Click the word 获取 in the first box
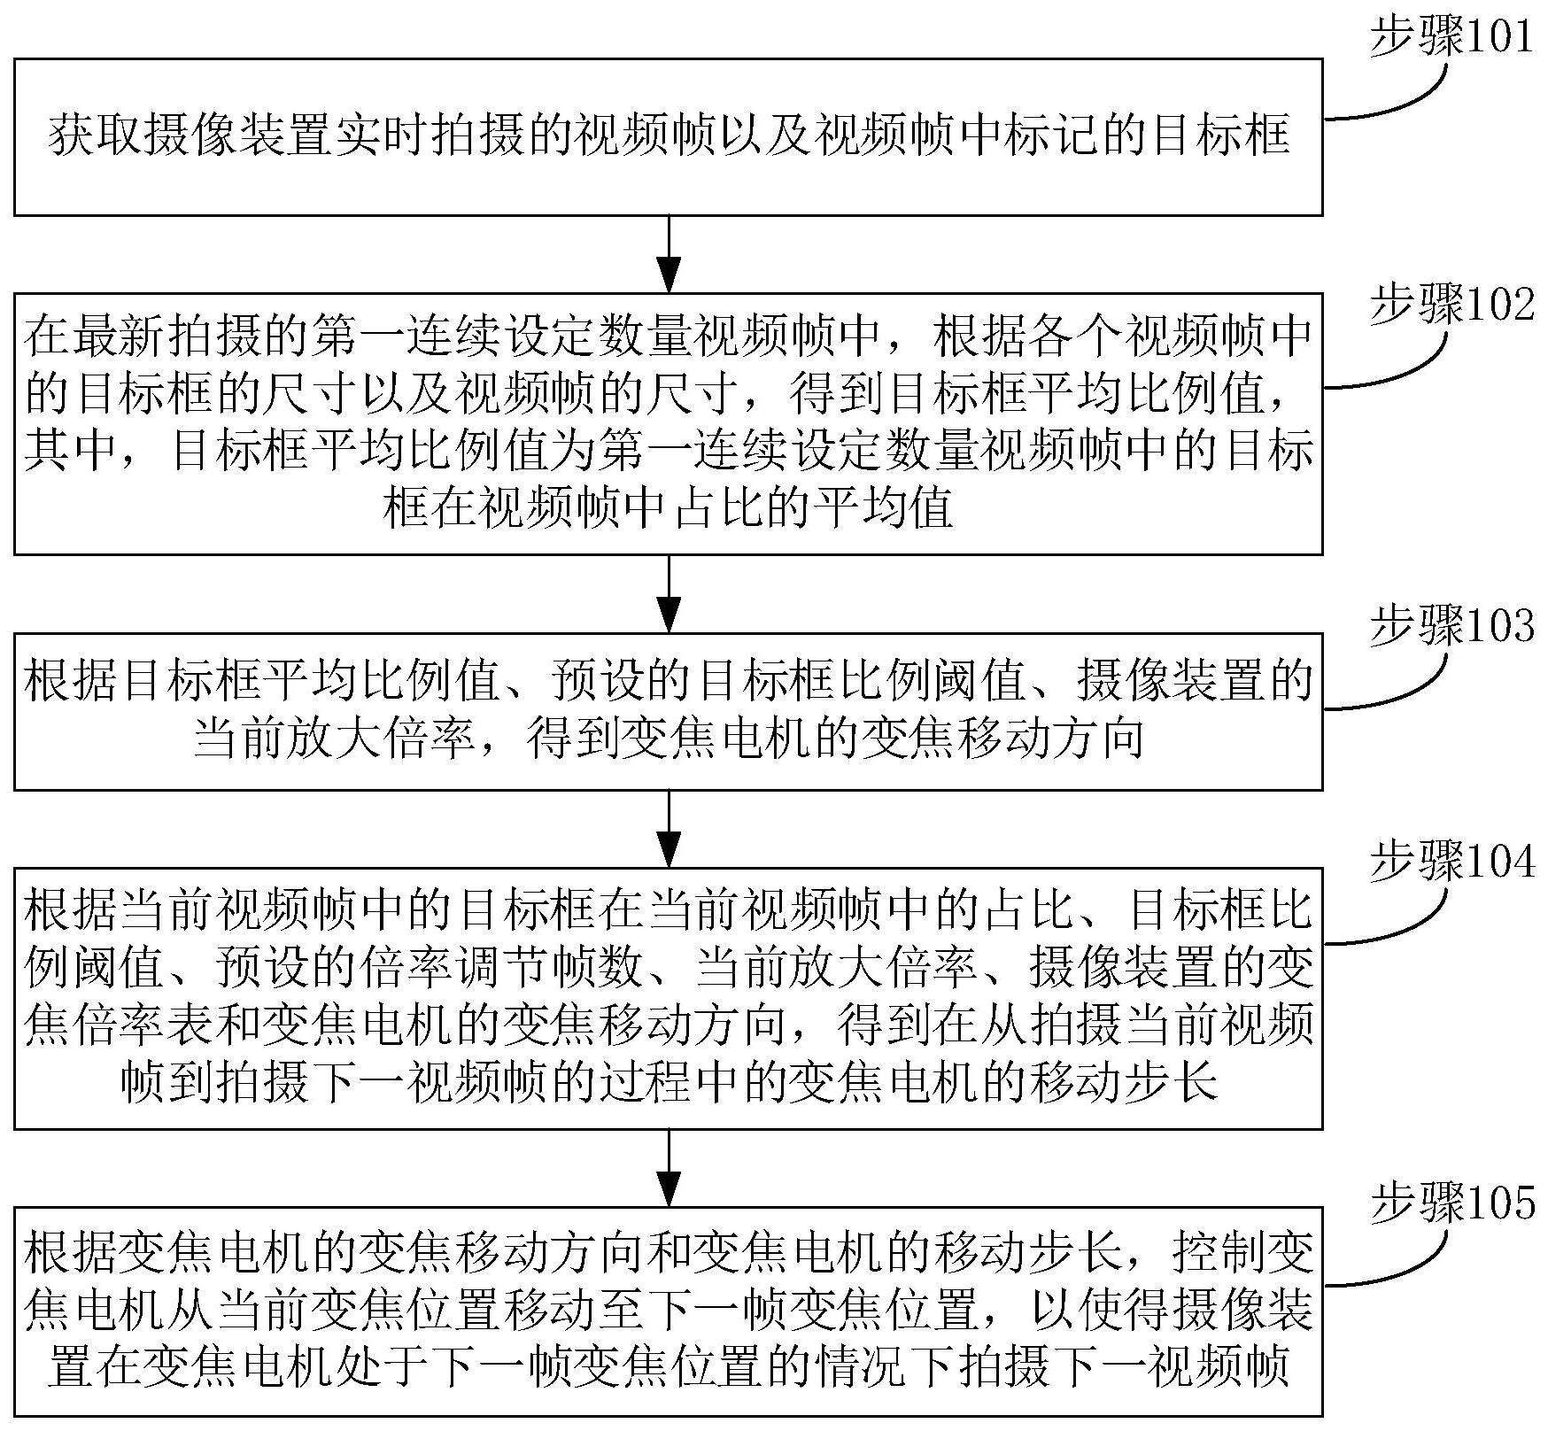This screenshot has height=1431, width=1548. [x=95, y=136]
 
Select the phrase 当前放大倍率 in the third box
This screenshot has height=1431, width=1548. [x=334, y=739]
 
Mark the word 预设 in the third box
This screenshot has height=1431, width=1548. [x=599, y=682]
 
